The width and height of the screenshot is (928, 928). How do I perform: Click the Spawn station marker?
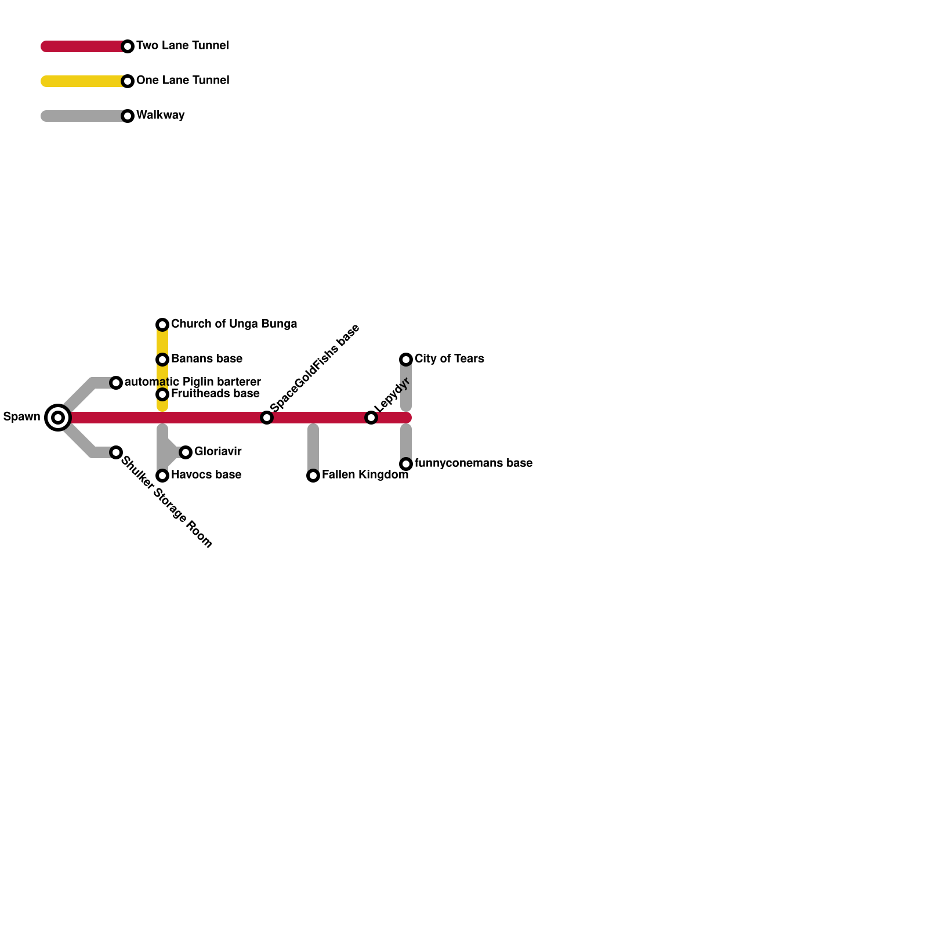click(x=58, y=417)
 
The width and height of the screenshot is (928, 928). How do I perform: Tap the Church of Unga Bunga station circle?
click(x=162, y=324)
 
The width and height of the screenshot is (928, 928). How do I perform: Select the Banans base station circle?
click(x=162, y=359)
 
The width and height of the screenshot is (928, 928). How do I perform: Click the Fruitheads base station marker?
click(x=162, y=394)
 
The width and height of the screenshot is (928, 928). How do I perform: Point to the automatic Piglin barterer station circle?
click(x=116, y=382)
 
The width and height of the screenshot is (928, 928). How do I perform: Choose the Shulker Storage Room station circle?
click(x=116, y=452)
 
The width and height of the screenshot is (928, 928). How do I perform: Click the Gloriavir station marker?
click(x=186, y=452)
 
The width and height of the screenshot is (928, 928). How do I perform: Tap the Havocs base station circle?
click(x=162, y=475)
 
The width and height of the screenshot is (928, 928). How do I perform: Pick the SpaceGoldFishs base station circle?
click(x=267, y=417)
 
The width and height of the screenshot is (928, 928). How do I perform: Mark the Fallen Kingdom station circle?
click(x=313, y=475)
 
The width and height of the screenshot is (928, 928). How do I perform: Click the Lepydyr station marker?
click(x=371, y=417)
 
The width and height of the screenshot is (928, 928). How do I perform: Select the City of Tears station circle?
click(x=406, y=359)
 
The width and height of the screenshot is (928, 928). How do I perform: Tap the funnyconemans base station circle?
click(x=406, y=463)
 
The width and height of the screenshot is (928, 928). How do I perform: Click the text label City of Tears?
click(x=449, y=358)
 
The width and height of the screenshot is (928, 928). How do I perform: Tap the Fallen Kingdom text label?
click(x=365, y=474)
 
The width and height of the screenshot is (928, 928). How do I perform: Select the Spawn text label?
click(x=21, y=416)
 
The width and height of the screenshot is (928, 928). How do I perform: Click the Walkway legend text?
click(x=160, y=115)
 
